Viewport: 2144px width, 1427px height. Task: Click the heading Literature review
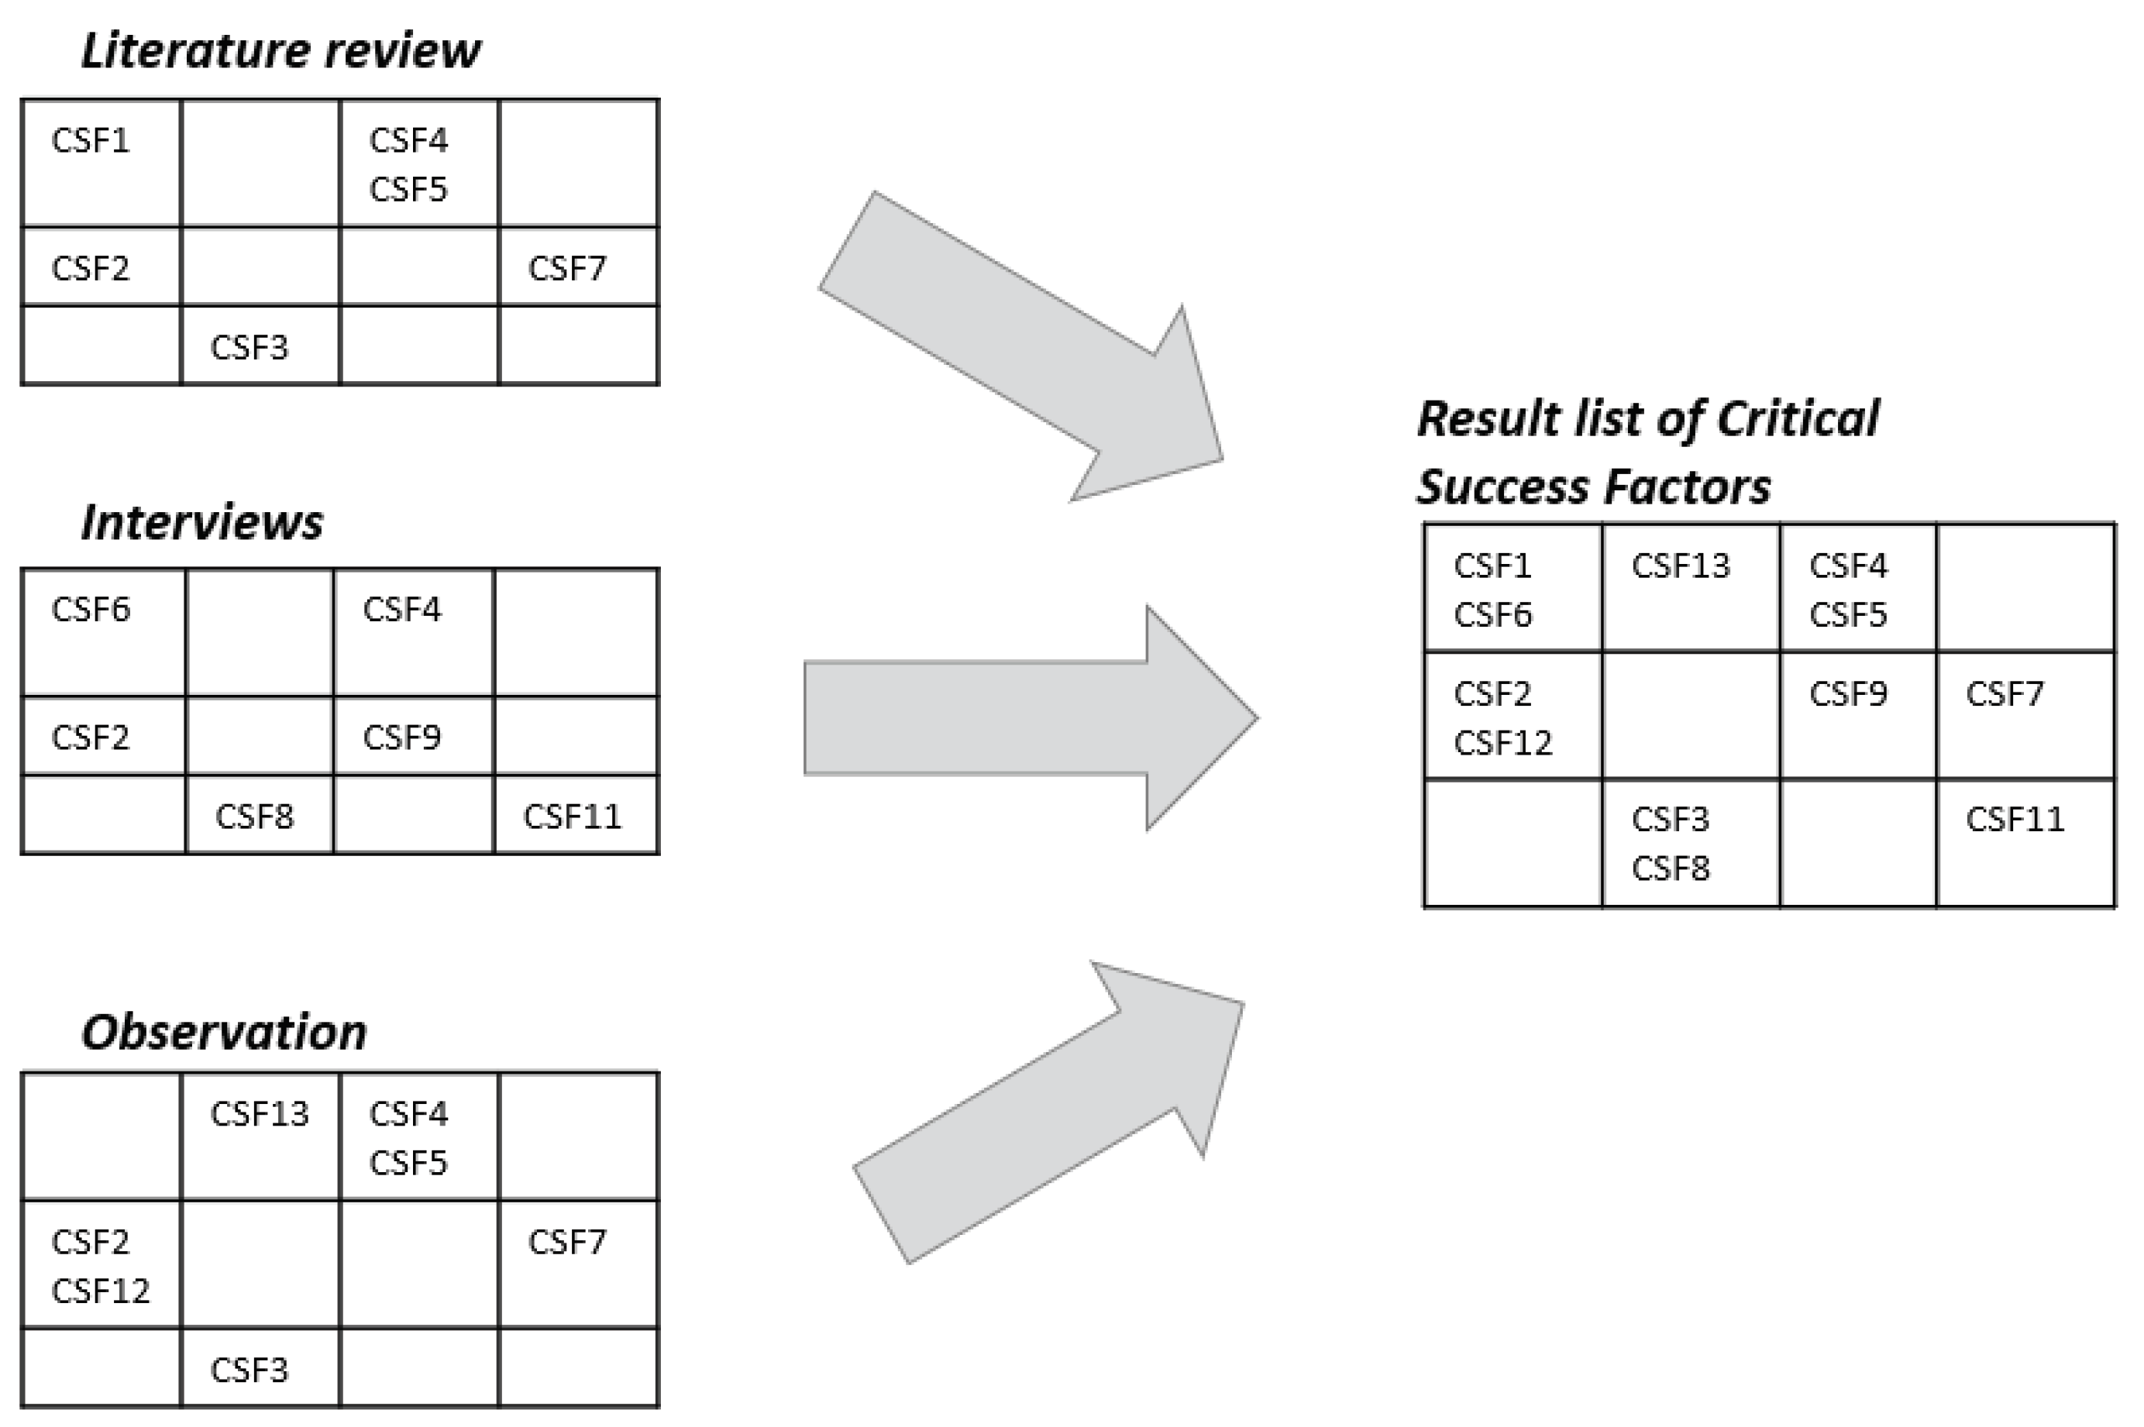coord(280,51)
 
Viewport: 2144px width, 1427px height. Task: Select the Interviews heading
coord(202,522)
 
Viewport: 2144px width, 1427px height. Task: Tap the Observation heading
coord(224,1032)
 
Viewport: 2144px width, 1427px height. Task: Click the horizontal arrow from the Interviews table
coord(1028,718)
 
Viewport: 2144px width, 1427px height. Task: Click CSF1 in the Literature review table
coord(91,141)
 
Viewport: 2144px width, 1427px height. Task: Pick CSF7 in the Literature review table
coord(567,269)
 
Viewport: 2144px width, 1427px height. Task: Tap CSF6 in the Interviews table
coord(91,610)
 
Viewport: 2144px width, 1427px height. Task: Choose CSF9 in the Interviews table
coord(401,738)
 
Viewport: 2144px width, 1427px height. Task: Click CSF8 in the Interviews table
coord(255,817)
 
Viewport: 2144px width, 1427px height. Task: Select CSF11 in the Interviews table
coord(572,817)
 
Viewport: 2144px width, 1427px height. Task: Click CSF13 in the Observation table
coord(260,1114)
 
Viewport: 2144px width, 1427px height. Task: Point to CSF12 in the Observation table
coord(100,1291)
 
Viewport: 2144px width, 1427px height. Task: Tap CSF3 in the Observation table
coord(249,1370)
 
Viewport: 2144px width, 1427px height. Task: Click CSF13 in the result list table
coord(1680,566)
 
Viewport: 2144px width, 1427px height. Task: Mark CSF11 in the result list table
coord(2015,819)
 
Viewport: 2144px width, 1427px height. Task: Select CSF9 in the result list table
coord(1848,694)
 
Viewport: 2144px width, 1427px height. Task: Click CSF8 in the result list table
coord(1670,868)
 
